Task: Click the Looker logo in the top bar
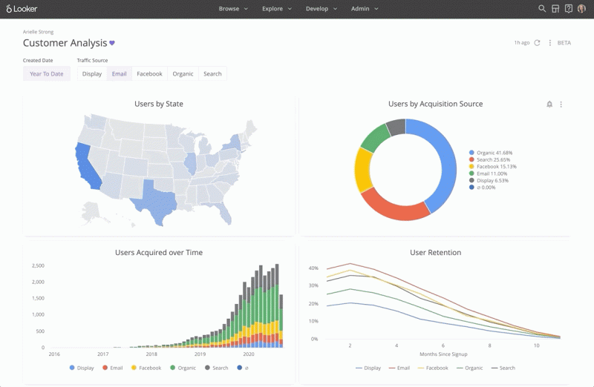22,8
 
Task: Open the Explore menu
277,9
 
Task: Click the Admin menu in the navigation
365,9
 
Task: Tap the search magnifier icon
542,9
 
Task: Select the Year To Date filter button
47,74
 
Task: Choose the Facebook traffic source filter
149,74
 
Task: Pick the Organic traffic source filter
183,74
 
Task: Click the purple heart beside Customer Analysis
112,43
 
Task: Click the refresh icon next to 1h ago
537,43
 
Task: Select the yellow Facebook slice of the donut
362,171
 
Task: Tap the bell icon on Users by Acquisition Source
549,104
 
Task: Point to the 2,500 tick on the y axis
39,265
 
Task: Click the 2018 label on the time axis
151,354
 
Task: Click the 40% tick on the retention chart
313,268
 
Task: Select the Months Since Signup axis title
443,354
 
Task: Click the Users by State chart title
159,104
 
